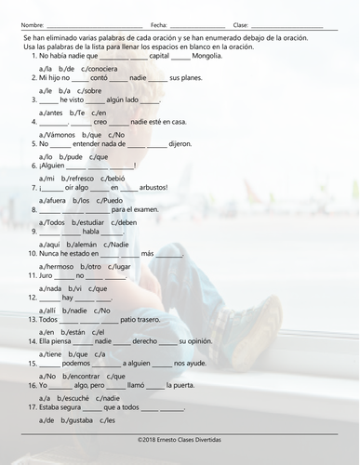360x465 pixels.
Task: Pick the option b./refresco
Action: click(78, 177)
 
